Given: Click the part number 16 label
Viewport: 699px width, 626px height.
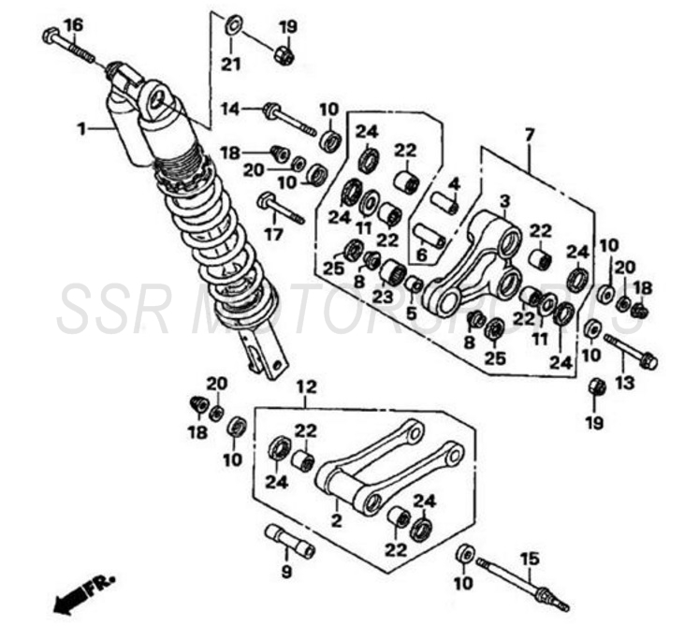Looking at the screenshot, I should click(73, 22).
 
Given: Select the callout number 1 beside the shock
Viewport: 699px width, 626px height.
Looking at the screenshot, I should click(81, 128).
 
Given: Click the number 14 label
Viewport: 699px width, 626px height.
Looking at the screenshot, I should click(231, 109).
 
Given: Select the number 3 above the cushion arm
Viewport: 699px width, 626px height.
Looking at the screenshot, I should click(503, 201).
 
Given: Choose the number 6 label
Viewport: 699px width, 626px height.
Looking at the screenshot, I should click(422, 254).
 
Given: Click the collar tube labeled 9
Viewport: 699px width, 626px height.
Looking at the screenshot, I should click(290, 540).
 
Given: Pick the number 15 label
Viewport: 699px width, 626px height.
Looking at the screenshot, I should click(529, 559).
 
